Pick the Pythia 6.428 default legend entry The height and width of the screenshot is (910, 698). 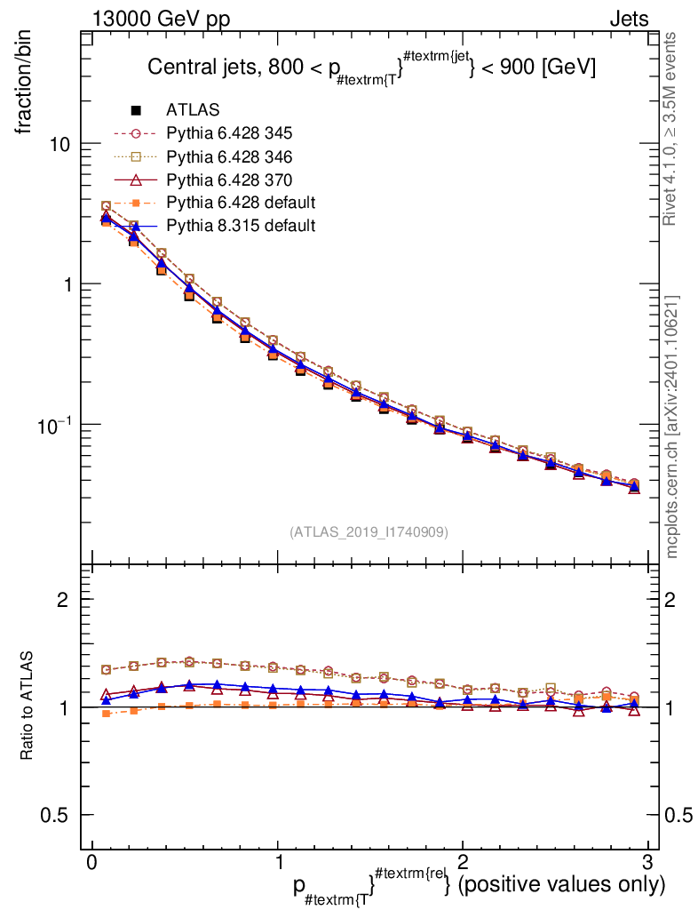click(241, 203)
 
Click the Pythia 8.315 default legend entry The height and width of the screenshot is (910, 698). click(241, 226)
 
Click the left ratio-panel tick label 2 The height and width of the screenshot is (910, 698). click(64, 600)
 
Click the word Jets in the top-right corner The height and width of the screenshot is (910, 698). click(629, 18)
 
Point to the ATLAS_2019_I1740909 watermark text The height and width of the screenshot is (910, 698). click(368, 532)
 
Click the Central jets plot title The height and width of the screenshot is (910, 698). click(371, 68)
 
